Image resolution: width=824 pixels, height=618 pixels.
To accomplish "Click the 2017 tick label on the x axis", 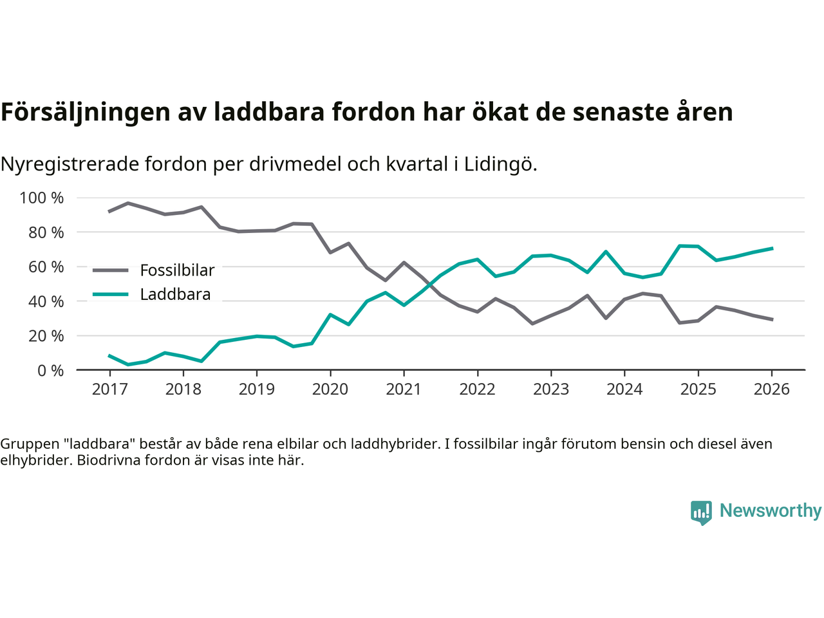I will tap(109, 389).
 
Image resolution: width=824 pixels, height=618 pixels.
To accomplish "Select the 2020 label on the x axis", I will tap(330, 389).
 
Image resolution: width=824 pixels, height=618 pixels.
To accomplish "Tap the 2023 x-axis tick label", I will tap(551, 389).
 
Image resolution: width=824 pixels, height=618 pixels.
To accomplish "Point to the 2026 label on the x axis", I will tap(771, 389).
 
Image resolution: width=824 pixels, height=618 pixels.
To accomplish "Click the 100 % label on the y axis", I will tap(42, 198).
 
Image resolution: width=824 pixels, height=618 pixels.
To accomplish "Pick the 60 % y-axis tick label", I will tap(46, 267).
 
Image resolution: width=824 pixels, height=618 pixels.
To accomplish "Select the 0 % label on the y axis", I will tap(50, 370).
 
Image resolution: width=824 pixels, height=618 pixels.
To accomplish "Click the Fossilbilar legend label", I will tap(177, 270).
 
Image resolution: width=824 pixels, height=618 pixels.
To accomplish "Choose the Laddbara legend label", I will tap(175, 295).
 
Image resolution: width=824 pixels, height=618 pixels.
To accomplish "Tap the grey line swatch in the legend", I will tap(110, 270).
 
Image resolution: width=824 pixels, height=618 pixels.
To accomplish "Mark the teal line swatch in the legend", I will tap(110, 295).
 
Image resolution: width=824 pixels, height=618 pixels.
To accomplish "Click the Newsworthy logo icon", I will tap(701, 512).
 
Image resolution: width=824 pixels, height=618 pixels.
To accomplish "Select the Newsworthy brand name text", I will tap(771, 510).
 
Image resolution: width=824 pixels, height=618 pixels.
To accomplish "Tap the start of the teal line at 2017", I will tap(109, 355).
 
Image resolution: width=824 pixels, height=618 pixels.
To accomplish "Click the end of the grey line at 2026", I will tap(772, 319).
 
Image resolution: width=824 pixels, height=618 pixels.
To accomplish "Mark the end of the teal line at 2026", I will tap(772, 248).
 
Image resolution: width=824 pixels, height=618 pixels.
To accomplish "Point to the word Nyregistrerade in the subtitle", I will tap(70, 164).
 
